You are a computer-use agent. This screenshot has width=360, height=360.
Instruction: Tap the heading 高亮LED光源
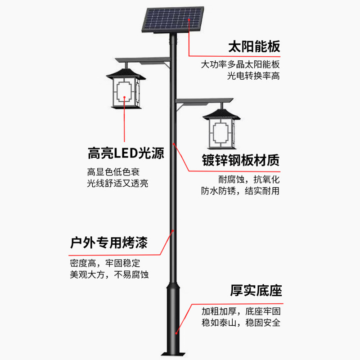point(126,154)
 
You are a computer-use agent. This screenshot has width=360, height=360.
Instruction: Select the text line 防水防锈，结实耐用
point(240,191)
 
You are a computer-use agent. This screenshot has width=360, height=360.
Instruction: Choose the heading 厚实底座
point(256,290)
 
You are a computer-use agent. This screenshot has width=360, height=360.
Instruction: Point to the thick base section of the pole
point(174,315)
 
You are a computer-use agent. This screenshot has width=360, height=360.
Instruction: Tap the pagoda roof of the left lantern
point(124,71)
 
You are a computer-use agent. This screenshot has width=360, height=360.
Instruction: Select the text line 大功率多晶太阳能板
point(240,64)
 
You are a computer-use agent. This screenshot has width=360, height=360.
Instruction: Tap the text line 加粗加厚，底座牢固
point(241,311)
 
